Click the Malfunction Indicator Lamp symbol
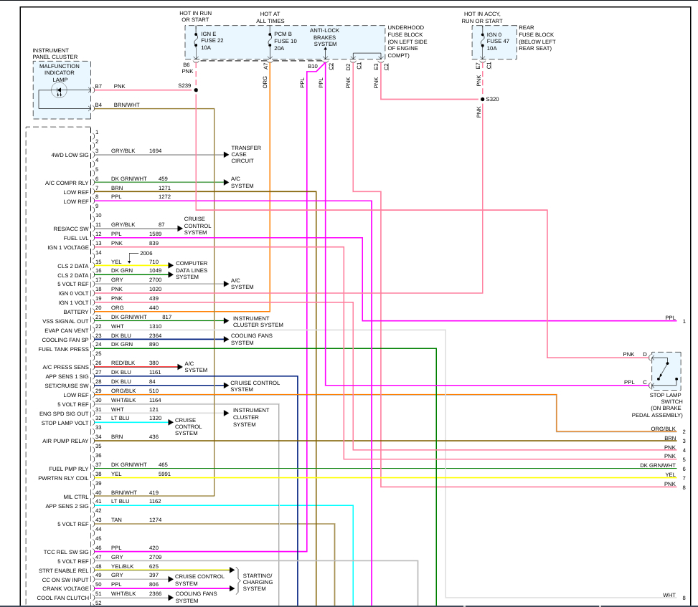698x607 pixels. click(x=61, y=93)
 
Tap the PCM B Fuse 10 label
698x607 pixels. click(x=285, y=41)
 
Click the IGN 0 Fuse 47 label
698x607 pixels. click(x=498, y=41)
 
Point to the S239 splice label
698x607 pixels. click(x=185, y=86)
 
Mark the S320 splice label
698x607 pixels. click(x=492, y=99)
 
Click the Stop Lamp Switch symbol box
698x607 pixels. click(x=666, y=369)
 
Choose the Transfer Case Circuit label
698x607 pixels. click(x=245, y=154)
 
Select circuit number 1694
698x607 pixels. click(x=156, y=151)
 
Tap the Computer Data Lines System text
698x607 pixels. click(x=191, y=270)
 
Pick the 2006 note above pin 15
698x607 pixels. click(x=146, y=254)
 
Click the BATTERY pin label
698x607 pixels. click(x=75, y=312)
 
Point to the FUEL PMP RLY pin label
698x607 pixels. click(x=69, y=469)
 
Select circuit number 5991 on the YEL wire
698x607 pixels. click(x=165, y=474)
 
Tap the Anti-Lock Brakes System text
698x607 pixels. click(x=325, y=37)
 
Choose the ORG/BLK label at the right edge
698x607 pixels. click(x=664, y=429)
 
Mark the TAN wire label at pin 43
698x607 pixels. click(x=116, y=520)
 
